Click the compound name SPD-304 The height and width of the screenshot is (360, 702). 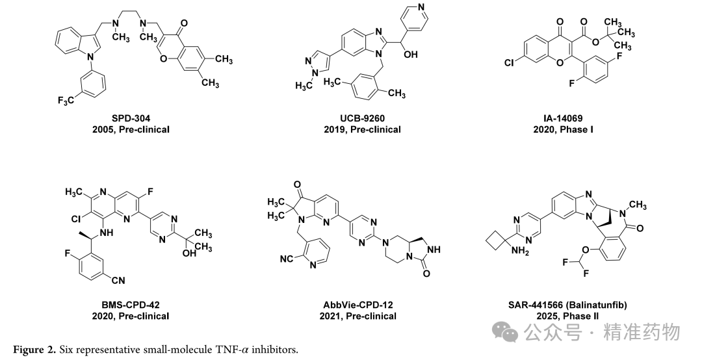pyautogui.click(x=131, y=119)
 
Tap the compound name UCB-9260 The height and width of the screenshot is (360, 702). pyautogui.click(x=363, y=119)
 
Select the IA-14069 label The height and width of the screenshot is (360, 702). pyautogui.click(x=563, y=119)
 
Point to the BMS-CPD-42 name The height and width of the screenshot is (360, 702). pyautogui.click(x=131, y=305)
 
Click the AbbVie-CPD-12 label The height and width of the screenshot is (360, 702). pyautogui.click(x=358, y=305)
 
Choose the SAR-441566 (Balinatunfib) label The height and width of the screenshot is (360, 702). pyautogui.click(x=567, y=305)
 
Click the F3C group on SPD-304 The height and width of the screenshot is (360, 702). pyautogui.click(x=66, y=100)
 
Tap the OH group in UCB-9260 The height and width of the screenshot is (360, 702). pyautogui.click(x=411, y=54)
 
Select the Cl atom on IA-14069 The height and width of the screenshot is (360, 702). pyautogui.click(x=509, y=62)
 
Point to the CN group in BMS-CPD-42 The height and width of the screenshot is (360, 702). pyautogui.click(x=118, y=281)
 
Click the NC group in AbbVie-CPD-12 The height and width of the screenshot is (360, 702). pyautogui.click(x=287, y=259)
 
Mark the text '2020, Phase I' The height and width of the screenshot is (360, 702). pyautogui.click(x=563, y=130)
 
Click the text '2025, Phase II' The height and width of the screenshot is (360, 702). pyautogui.click(x=567, y=316)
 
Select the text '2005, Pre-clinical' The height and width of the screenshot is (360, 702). pyautogui.click(x=131, y=130)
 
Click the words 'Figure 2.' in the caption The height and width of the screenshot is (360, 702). pyautogui.click(x=34, y=350)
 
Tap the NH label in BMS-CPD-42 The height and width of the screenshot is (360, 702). pyautogui.click(x=107, y=233)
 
